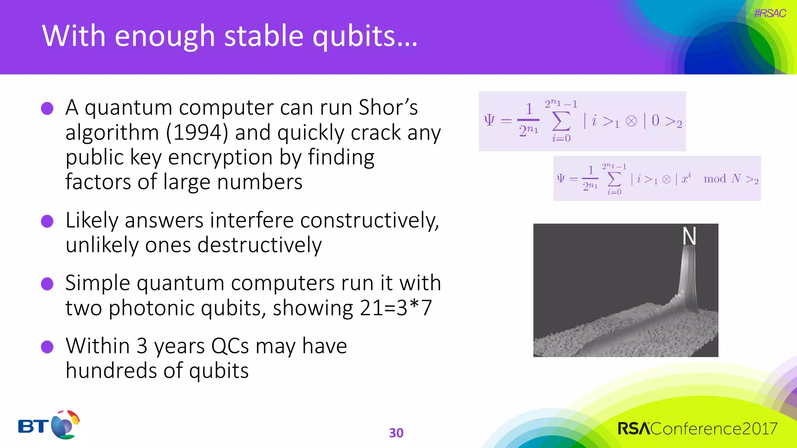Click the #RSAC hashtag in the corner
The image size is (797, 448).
[x=770, y=14]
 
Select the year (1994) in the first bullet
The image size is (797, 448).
[x=197, y=133]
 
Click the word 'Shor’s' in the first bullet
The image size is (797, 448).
[x=388, y=107]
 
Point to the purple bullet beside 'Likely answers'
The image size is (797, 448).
[x=47, y=221]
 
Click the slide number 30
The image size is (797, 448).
[x=396, y=433]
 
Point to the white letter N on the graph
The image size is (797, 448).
[x=689, y=236]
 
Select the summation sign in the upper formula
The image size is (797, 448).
[x=561, y=121]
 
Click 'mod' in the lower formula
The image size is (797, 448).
[x=714, y=179]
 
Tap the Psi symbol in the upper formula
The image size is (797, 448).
[x=489, y=120]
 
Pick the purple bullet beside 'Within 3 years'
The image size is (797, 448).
[x=47, y=347]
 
